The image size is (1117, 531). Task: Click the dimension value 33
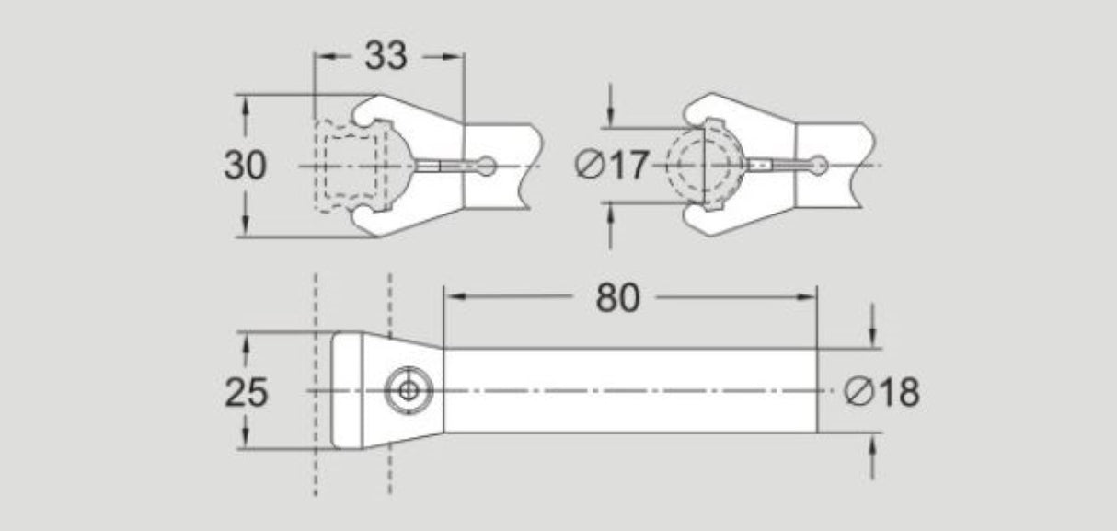386,56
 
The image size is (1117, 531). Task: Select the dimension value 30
245,166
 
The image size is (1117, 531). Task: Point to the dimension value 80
617,297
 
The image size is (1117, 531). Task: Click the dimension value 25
246,393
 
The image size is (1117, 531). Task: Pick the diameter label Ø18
881,393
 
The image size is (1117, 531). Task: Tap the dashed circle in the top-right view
703,166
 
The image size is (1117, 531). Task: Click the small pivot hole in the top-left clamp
489,166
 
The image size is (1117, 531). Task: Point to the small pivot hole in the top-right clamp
820,166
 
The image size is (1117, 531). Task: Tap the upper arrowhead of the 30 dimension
246,104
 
